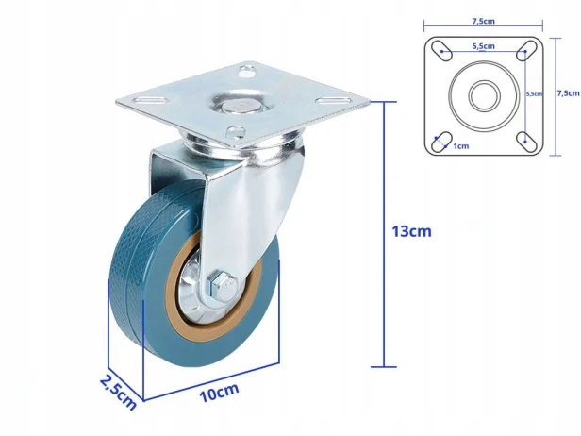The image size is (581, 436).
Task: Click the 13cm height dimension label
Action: (411, 231)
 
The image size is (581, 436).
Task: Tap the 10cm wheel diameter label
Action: (219, 393)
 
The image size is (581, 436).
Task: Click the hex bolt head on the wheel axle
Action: (223, 287)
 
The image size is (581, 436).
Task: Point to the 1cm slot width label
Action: (461, 146)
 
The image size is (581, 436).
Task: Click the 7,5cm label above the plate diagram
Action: (483, 21)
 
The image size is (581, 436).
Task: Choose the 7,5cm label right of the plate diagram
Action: (569, 93)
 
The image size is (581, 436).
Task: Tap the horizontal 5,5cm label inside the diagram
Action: (483, 46)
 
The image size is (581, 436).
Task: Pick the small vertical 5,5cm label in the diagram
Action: (534, 93)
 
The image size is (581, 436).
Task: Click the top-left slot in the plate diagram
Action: (441, 51)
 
